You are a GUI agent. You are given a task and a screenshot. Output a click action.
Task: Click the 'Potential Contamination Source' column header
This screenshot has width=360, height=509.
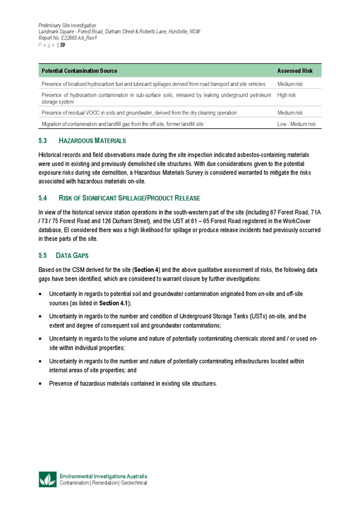[x=80, y=71]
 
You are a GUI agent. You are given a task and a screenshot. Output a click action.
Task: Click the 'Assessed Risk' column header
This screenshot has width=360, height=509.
[x=296, y=71]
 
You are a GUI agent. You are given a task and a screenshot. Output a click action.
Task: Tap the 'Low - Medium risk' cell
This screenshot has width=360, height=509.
[x=297, y=123]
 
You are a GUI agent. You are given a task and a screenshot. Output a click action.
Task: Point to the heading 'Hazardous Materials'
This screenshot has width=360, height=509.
[x=92, y=140]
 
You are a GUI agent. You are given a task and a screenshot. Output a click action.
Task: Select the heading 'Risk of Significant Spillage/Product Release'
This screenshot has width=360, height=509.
[x=129, y=198]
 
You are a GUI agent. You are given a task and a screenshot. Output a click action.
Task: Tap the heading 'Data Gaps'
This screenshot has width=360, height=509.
[x=72, y=256]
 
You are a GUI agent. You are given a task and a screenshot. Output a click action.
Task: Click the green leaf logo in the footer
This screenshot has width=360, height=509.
[x=47, y=479]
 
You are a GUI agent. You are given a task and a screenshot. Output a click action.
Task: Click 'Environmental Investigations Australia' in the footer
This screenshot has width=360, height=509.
[x=103, y=476]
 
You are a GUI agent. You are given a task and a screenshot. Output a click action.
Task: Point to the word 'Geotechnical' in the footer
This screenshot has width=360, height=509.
[x=134, y=483]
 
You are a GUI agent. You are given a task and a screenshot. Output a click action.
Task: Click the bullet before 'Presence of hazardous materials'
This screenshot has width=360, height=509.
[x=40, y=383]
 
